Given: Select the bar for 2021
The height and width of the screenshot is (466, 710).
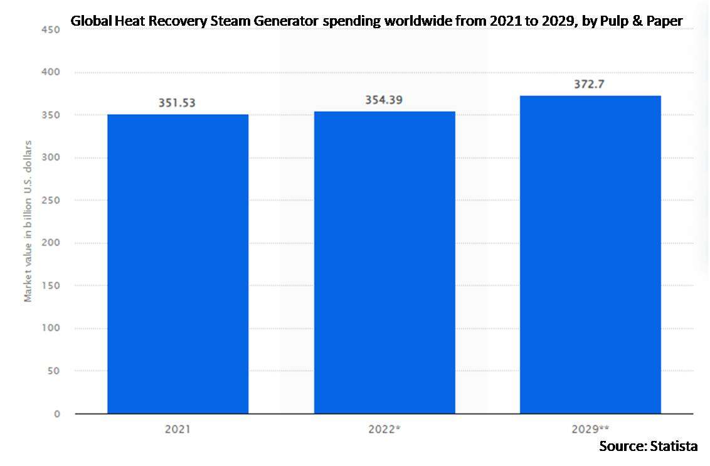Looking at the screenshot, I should click(x=177, y=263).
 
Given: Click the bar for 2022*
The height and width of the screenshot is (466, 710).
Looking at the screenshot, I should click(x=384, y=262).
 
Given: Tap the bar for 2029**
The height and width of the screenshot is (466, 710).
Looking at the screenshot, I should click(x=590, y=255).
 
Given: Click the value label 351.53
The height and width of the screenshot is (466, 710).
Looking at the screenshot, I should click(x=177, y=103).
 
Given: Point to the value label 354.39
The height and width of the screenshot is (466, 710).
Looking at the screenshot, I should click(x=384, y=100).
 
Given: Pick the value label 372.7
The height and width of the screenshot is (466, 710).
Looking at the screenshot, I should click(x=590, y=84).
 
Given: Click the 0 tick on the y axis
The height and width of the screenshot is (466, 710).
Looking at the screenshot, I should click(x=56, y=414).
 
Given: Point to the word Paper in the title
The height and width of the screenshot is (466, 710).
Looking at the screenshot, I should click(x=665, y=21).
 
